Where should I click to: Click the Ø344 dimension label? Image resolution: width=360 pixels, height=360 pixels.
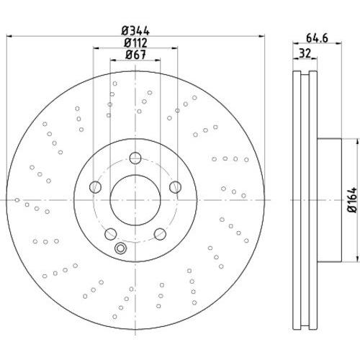tap(135, 32)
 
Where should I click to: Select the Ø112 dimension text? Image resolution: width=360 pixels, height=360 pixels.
tap(135, 43)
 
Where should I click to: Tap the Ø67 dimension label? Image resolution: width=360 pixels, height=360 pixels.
tap(135, 55)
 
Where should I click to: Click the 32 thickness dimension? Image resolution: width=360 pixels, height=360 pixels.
tap(305, 53)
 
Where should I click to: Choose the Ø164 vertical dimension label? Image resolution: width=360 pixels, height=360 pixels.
tap(352, 200)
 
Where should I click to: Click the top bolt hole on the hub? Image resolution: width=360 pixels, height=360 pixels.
tap(135, 158)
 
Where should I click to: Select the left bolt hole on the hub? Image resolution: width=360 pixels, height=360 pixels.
tap(95, 187)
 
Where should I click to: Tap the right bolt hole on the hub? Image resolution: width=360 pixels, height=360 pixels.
tap(175, 187)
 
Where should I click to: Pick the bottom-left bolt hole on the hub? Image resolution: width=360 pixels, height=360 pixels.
tap(111, 234)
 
